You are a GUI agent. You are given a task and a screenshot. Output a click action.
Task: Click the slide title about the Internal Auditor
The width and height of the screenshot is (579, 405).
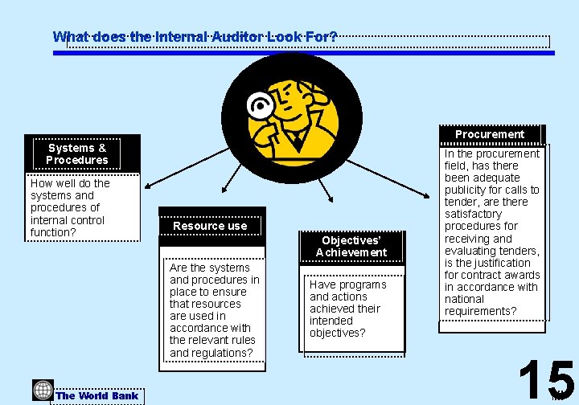click(195, 37)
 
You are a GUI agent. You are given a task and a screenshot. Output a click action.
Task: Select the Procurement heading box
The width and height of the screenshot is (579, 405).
click(490, 134)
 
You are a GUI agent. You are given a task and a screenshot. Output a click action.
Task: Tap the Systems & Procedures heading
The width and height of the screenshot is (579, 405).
click(77, 153)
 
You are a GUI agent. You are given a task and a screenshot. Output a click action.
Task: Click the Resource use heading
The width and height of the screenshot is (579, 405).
click(210, 226)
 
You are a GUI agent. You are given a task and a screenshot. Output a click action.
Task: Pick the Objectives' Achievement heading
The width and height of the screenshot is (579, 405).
click(351, 246)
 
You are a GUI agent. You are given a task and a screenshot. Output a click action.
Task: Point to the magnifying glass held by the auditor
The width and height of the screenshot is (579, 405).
click(261, 105)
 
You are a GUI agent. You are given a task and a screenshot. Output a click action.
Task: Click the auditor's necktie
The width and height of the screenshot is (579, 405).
click(299, 143)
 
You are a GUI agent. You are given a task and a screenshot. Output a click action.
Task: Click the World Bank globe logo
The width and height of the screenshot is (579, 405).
click(43, 391)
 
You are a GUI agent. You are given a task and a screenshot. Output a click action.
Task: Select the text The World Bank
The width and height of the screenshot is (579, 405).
click(97, 395)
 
